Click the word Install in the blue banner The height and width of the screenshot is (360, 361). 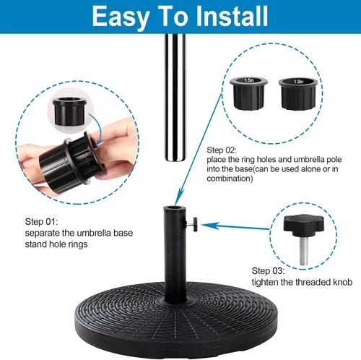232,16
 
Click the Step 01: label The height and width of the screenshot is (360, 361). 41,222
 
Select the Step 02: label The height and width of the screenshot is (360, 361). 222,150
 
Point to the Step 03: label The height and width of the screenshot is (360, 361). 268,271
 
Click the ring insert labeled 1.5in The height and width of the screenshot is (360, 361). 248,93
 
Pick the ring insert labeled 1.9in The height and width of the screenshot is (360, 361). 298,94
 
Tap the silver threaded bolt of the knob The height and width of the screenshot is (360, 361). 303,251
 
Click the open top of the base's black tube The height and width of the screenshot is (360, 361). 175,208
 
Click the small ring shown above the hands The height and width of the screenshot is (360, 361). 69,111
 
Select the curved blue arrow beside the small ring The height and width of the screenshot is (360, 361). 96,129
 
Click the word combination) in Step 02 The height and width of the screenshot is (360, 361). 230,179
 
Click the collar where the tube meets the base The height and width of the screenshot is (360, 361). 175,301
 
